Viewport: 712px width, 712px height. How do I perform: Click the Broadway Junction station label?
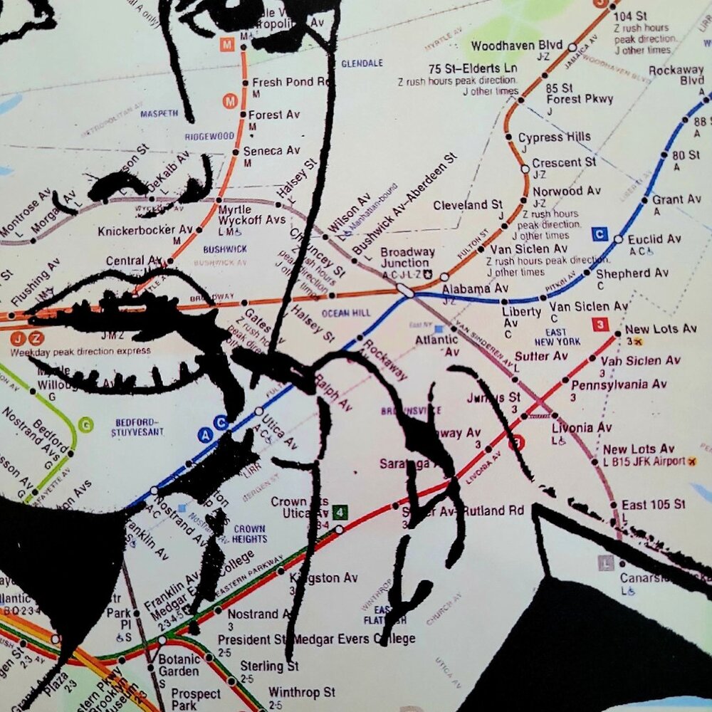[x=407, y=258]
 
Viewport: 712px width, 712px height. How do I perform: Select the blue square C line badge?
[x=600, y=234]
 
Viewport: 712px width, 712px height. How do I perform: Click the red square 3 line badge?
[x=601, y=325]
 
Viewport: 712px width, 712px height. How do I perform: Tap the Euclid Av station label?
[x=655, y=239]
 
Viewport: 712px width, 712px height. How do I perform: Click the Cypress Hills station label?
[x=554, y=137]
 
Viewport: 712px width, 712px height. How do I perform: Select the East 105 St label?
[x=654, y=504]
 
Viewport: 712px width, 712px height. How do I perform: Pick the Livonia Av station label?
[x=582, y=428]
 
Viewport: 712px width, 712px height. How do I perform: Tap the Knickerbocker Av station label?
[x=145, y=230]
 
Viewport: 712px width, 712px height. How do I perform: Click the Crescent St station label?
[x=564, y=162]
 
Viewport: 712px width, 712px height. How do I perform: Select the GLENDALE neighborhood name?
[x=362, y=63]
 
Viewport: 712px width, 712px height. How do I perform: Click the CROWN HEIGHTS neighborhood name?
[x=249, y=534]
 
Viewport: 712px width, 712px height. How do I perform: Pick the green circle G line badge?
[x=87, y=425]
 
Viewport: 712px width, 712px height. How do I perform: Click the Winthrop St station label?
[x=301, y=692]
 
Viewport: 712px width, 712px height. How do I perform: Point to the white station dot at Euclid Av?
[x=618, y=239]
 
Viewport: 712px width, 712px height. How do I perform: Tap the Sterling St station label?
[x=268, y=666]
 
